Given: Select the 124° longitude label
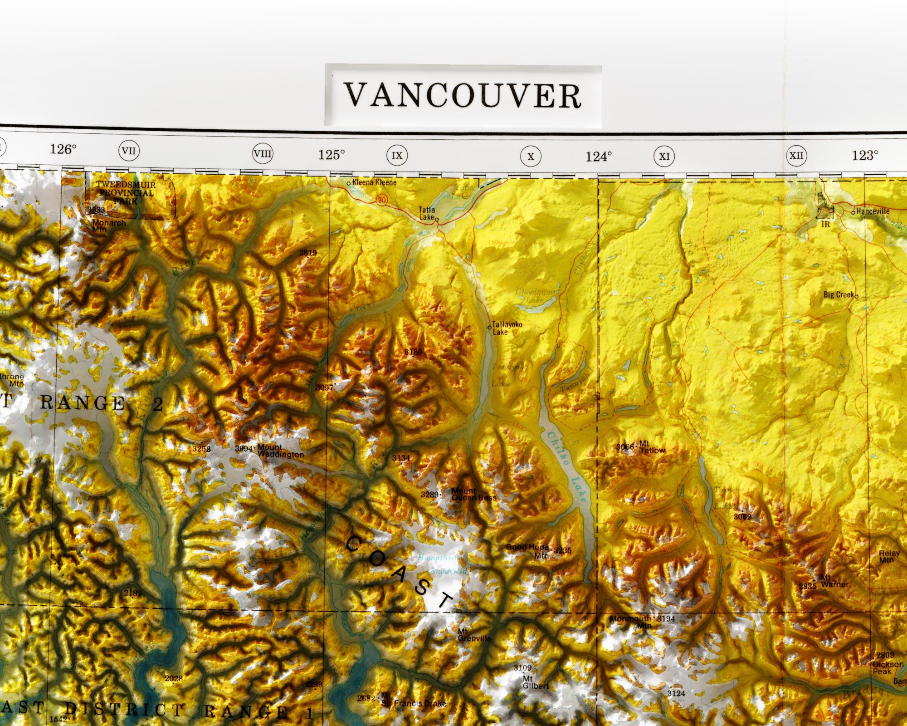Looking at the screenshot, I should pos(598,157).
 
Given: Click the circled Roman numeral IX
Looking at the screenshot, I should pos(397,156).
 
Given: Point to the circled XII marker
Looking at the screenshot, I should pos(796,156).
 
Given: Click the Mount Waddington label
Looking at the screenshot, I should pos(280,451).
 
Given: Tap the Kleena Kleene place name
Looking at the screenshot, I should pos(374,182).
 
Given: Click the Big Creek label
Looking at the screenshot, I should pos(839,295).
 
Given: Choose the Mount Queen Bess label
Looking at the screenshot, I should pos(473,494).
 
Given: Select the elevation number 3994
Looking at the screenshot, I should pos(244,449).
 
